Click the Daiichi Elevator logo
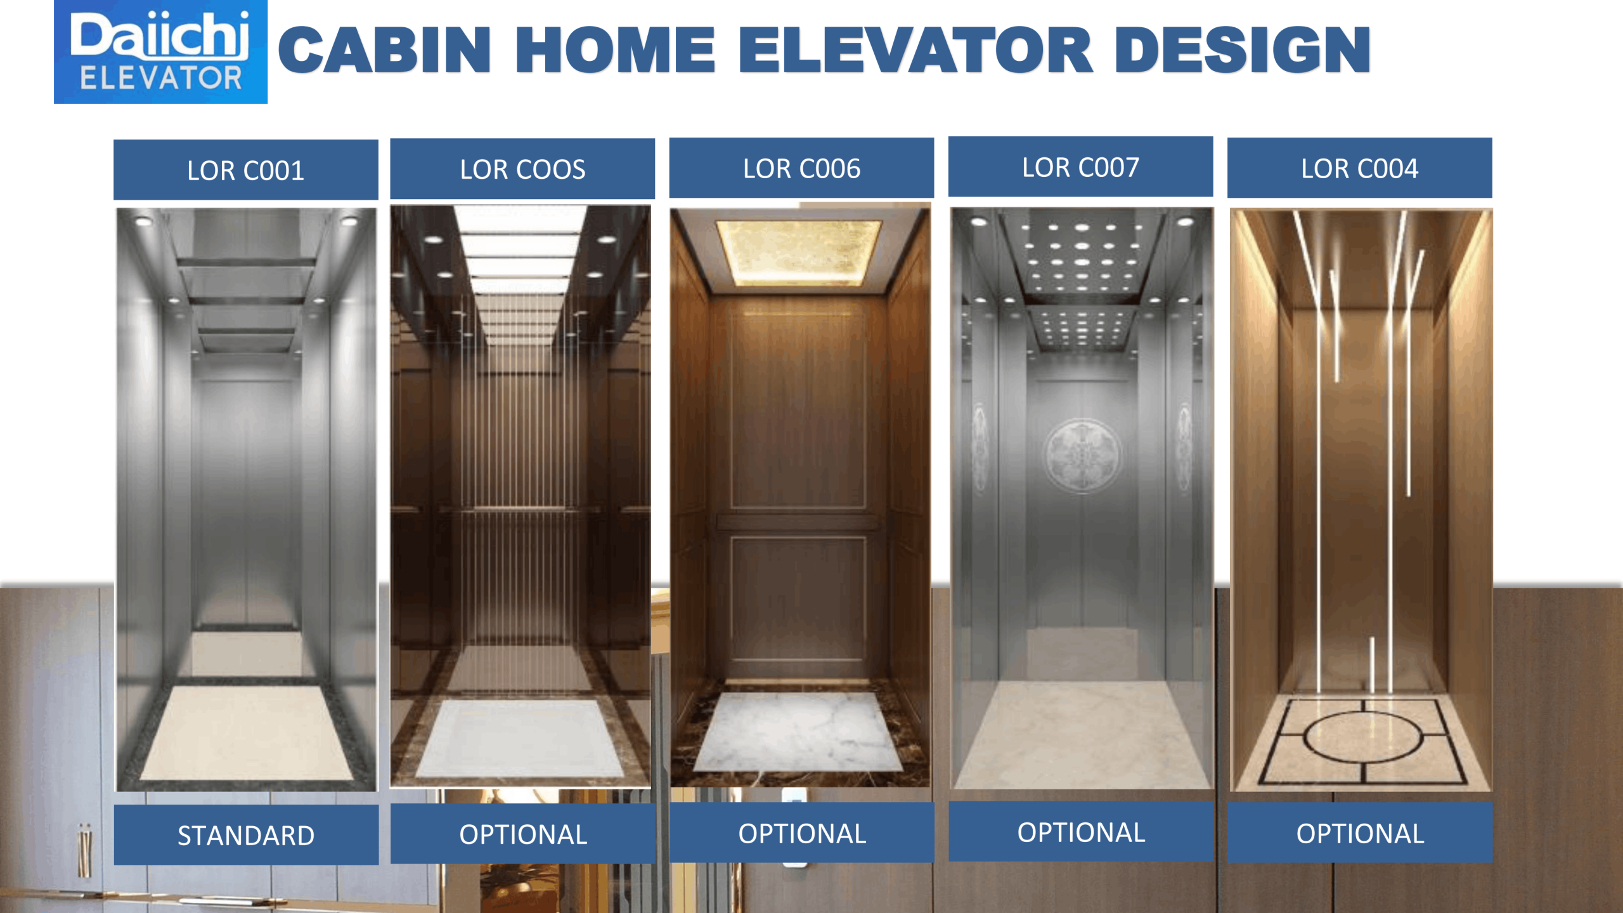160,51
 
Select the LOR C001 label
246,170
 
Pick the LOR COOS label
522,169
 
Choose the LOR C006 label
801,168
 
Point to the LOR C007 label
1080,167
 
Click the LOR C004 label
1359,168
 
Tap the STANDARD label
246,835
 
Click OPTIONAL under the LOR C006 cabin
802,833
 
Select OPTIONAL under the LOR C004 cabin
1360,833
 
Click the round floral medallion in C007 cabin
1082,455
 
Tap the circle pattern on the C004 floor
1363,736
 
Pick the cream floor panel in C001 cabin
246,732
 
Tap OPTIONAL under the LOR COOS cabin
523,834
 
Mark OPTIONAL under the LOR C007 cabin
1081,832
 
